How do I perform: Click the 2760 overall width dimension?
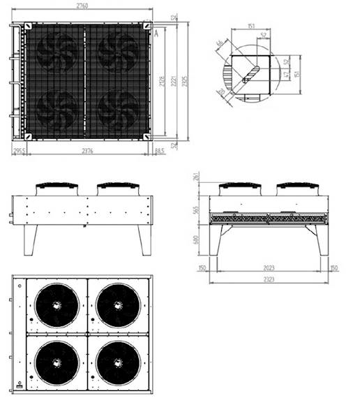coord(82,6)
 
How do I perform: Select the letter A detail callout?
coord(157,32)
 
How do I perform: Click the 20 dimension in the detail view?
coord(222,91)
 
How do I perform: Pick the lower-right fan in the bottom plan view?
coord(116,362)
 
